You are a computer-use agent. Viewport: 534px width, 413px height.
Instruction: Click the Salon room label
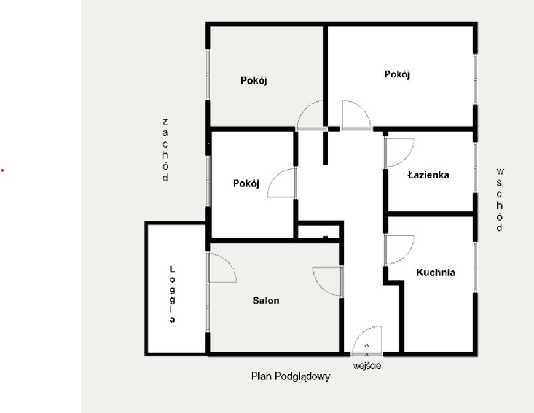tap(265, 301)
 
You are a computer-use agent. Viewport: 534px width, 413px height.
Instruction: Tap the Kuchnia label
tap(436, 272)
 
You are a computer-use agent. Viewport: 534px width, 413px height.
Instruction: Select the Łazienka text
tap(428, 175)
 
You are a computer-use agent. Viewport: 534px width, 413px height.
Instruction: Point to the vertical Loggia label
tap(172, 294)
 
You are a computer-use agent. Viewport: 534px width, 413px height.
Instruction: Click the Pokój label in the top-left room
tap(254, 81)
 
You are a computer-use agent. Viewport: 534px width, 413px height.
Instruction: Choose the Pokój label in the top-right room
tap(397, 74)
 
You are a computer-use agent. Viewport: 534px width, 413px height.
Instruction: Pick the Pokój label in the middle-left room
tap(246, 184)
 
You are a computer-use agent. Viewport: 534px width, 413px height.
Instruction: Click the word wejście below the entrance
tap(367, 366)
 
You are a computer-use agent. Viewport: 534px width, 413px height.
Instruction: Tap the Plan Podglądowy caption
tap(291, 376)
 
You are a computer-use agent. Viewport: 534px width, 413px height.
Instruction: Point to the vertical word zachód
tap(165, 150)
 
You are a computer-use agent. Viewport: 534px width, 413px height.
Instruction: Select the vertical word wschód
tap(500, 200)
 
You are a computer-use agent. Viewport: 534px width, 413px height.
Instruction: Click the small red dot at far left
tap(2, 170)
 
